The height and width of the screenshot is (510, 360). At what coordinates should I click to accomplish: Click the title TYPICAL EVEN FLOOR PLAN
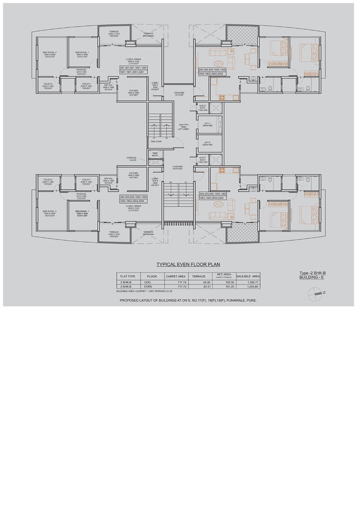[188, 264]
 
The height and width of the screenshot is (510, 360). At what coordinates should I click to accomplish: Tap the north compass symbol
[315, 293]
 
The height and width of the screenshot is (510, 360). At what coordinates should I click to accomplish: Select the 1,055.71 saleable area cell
[249, 282]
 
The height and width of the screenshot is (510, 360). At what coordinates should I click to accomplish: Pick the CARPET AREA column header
[176, 276]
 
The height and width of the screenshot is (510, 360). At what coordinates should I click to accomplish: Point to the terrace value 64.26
[199, 282]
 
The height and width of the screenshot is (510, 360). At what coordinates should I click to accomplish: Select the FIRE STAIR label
[156, 150]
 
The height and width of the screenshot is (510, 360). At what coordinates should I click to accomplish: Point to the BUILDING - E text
[314, 278]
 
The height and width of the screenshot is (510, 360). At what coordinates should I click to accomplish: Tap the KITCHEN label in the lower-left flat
[133, 175]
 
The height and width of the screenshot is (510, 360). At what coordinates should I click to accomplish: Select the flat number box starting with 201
[133, 69]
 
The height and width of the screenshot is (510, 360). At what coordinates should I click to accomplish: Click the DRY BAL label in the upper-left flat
[109, 86]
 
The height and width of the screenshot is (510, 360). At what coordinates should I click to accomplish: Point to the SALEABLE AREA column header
[249, 276]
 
